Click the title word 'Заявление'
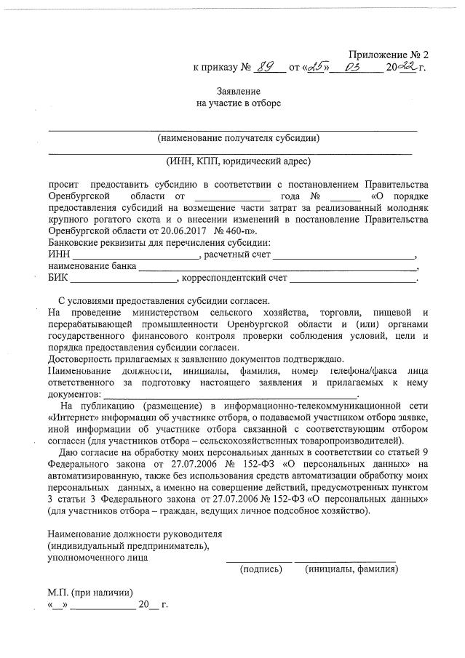[239, 91]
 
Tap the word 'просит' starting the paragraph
[63, 184]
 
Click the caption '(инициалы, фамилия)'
[351, 569]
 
